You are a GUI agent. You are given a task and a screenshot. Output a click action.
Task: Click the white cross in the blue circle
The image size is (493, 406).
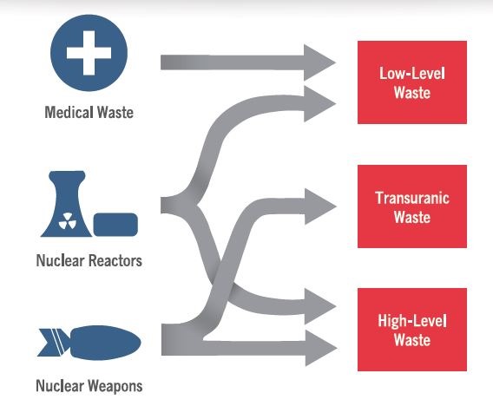[x=89, y=53]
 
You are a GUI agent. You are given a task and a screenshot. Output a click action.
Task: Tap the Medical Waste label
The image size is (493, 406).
[x=89, y=112]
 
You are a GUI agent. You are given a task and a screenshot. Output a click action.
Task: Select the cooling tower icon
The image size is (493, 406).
[x=67, y=204]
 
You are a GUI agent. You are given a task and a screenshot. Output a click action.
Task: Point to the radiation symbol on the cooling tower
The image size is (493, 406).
[x=68, y=220]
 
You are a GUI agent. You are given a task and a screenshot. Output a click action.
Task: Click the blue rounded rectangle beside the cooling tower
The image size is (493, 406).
[x=115, y=225]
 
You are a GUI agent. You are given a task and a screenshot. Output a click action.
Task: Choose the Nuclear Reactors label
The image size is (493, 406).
[x=89, y=260]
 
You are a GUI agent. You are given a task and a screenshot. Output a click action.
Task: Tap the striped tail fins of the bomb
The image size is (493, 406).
[x=54, y=343]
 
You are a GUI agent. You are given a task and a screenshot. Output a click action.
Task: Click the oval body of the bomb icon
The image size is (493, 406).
[x=106, y=343]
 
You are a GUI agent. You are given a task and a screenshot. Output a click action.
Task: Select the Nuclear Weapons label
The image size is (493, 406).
[x=89, y=385]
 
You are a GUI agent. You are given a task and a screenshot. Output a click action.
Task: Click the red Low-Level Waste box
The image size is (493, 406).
[x=412, y=82]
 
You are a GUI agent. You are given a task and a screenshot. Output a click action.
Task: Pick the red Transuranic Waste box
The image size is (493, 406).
[x=412, y=206]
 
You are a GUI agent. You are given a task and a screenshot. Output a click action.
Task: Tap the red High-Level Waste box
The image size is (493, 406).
[x=412, y=330]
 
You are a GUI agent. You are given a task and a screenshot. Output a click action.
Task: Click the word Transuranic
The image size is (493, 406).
[x=412, y=198]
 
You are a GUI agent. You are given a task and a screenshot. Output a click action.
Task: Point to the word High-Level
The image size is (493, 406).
[x=412, y=321]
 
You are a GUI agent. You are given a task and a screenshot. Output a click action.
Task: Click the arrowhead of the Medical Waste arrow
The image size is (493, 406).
[x=319, y=62]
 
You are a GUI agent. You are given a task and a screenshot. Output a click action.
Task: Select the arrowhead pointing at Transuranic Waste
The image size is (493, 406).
[x=320, y=206]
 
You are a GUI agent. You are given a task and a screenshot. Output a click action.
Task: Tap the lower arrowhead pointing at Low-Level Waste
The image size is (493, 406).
[x=319, y=104]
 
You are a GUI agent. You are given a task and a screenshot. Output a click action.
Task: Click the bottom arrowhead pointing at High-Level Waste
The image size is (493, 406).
[x=321, y=348]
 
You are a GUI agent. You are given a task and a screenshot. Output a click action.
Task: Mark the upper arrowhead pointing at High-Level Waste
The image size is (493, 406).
[x=320, y=306]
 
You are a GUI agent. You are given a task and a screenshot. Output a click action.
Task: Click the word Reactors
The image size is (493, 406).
[x=115, y=260]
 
